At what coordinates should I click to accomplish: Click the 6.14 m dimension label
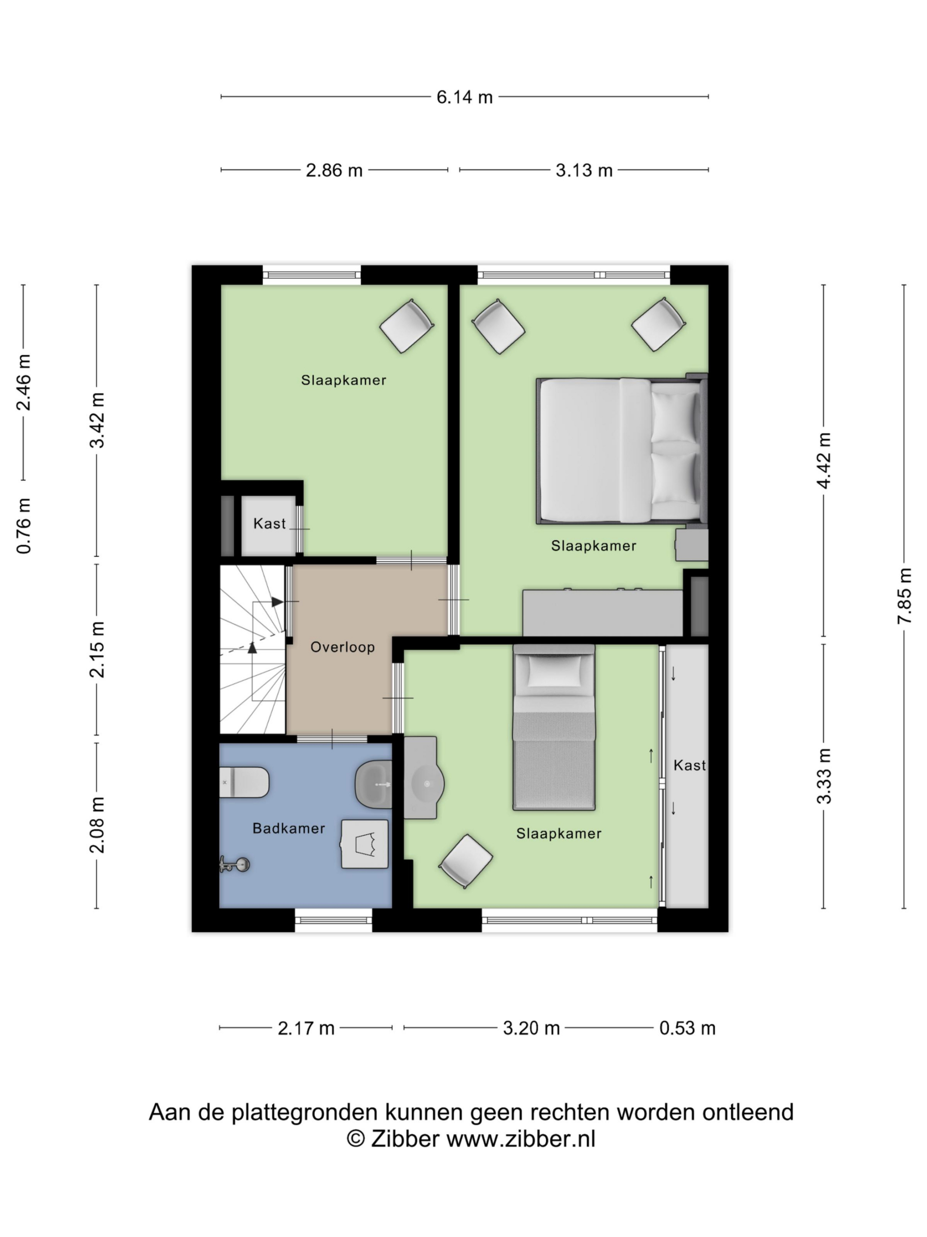(x=464, y=97)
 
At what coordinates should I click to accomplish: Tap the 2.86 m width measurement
(x=334, y=170)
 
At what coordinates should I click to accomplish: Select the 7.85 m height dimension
(x=905, y=596)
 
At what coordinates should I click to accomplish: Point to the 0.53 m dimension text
(x=688, y=1028)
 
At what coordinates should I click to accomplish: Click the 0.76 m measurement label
(x=24, y=526)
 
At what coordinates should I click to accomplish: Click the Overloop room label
(x=342, y=647)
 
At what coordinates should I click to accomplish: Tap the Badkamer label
(x=289, y=828)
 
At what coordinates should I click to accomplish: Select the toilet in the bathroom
(x=244, y=782)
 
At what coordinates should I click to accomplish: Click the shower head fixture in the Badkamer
(x=234, y=864)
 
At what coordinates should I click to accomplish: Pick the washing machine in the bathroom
(x=365, y=844)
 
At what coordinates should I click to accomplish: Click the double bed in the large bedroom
(x=621, y=451)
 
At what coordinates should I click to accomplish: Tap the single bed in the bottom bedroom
(x=554, y=727)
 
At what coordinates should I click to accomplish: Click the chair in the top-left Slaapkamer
(x=407, y=326)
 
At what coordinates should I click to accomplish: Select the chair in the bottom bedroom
(x=465, y=861)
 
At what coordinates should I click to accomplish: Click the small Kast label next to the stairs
(x=269, y=523)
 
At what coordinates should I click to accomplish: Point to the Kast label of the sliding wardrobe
(x=689, y=765)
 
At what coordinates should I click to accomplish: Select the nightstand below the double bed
(x=692, y=545)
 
